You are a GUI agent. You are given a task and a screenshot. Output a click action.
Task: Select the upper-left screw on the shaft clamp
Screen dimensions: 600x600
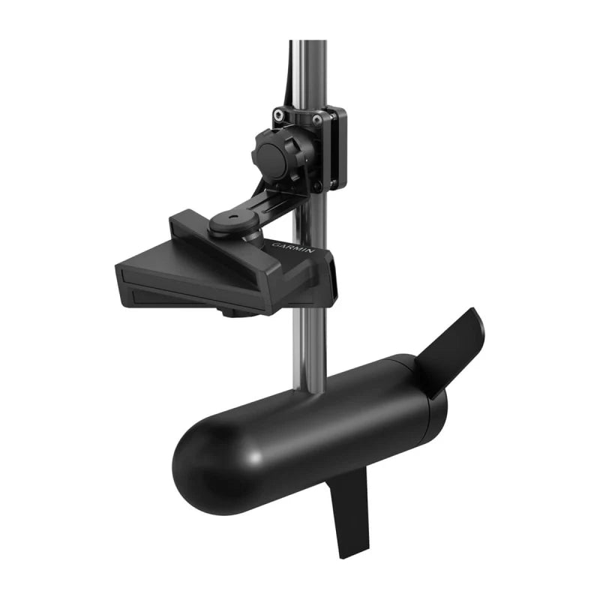point(279,114)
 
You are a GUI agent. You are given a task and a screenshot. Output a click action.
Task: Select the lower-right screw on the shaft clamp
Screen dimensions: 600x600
point(319,184)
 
